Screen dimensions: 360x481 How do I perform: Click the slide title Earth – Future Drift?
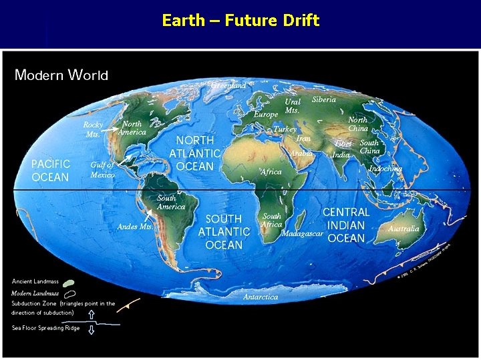(x=240, y=21)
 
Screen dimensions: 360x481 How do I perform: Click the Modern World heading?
(x=61, y=75)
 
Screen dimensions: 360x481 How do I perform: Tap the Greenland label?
(x=228, y=85)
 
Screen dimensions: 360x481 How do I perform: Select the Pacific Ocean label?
(x=51, y=170)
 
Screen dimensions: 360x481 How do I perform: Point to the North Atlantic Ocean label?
(x=195, y=153)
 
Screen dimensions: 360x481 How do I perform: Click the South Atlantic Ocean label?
(x=224, y=231)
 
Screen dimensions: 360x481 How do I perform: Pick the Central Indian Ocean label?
(x=346, y=225)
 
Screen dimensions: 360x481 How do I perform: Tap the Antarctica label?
(x=261, y=297)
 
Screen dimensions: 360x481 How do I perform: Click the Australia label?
(x=404, y=229)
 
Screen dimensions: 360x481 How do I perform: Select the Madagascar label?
(x=303, y=234)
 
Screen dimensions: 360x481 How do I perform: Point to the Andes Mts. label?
(x=135, y=227)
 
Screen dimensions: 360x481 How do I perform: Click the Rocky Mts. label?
(x=93, y=129)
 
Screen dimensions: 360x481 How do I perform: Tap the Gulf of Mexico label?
(x=102, y=169)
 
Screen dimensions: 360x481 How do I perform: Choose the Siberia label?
(x=324, y=100)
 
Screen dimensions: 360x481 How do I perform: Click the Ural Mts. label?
(x=293, y=105)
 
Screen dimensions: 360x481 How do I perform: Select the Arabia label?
(x=301, y=153)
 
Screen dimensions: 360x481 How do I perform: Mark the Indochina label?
(x=385, y=169)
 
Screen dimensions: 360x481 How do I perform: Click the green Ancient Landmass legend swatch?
(x=68, y=283)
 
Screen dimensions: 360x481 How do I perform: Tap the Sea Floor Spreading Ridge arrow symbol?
(x=92, y=328)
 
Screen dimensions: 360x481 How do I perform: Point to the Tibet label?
(x=343, y=143)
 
